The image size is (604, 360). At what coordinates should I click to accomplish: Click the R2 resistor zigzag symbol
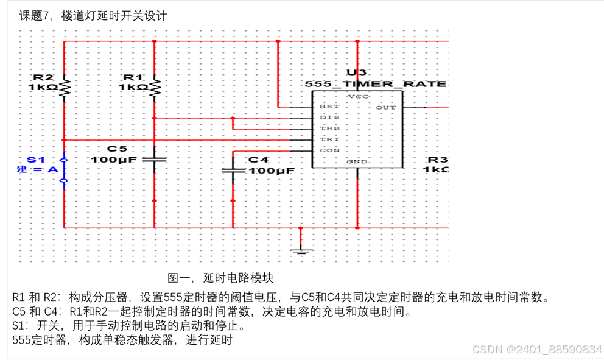65,88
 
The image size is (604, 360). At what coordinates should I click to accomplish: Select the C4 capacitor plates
233,171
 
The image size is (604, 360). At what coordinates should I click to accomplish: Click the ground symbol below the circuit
301,249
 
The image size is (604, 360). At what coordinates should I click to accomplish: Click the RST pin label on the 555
326,107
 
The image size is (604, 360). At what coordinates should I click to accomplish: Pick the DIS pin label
326,118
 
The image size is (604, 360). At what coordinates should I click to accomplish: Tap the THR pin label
326,129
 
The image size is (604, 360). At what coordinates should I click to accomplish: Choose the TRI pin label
326,139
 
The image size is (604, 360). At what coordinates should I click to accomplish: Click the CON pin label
326,150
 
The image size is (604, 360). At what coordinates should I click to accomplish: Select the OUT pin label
386,107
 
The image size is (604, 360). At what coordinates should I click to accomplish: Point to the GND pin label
357,161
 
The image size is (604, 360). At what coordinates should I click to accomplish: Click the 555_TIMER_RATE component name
376,83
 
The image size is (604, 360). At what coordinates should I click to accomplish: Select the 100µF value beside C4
271,171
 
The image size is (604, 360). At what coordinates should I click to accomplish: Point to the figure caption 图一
180,278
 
